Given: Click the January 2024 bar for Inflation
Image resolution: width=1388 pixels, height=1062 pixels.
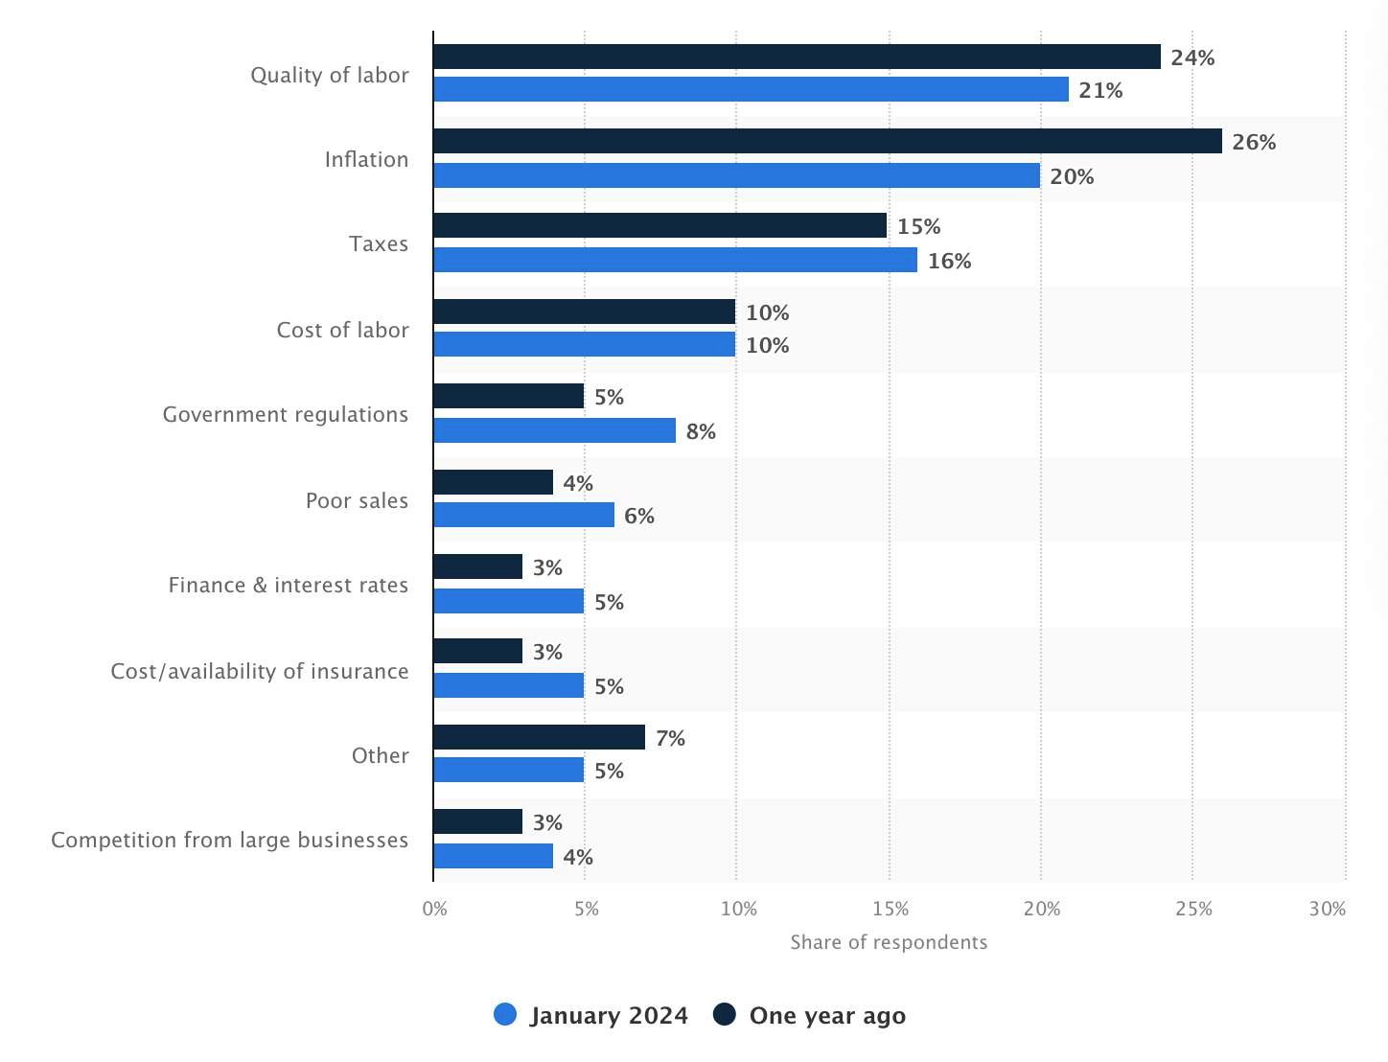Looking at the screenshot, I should (x=736, y=175).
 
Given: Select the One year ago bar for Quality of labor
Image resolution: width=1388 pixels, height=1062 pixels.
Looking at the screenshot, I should (x=797, y=57).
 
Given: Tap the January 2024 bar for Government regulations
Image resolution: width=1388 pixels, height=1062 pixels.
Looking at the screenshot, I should (x=554, y=430).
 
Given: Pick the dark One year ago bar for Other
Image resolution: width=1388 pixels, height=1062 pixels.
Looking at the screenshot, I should (x=539, y=737).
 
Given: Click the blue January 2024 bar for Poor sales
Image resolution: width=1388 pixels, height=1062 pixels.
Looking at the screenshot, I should (x=523, y=515).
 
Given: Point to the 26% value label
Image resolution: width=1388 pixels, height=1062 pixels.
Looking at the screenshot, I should (x=1254, y=142).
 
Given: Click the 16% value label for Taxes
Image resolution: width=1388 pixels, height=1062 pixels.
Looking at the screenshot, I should (x=949, y=261).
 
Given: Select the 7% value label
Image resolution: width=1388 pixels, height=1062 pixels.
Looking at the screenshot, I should (x=670, y=738).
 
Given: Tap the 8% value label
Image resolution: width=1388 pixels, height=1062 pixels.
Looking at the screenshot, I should (x=701, y=431).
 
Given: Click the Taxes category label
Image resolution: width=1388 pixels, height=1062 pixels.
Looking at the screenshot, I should (x=379, y=243).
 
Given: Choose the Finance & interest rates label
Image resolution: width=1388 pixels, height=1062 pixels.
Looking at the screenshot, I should (x=289, y=585).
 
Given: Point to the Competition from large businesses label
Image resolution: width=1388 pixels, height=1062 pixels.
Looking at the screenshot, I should (x=230, y=840).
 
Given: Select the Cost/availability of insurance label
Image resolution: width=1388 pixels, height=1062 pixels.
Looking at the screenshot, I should (x=260, y=671).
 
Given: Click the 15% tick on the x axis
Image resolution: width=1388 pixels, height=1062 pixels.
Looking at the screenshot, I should (x=891, y=909).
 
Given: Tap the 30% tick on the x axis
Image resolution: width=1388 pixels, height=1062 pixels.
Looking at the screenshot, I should (x=1328, y=909).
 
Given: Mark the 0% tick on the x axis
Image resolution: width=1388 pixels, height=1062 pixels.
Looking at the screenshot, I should (x=434, y=909).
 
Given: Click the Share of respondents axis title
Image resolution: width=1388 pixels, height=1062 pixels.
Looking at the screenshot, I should (x=889, y=942).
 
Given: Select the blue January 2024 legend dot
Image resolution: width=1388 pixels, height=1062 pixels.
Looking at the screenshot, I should (x=505, y=1015).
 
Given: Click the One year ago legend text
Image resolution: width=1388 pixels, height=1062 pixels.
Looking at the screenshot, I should (x=827, y=1015).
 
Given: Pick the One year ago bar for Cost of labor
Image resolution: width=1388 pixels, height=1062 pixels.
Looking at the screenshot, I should (x=584, y=312).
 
